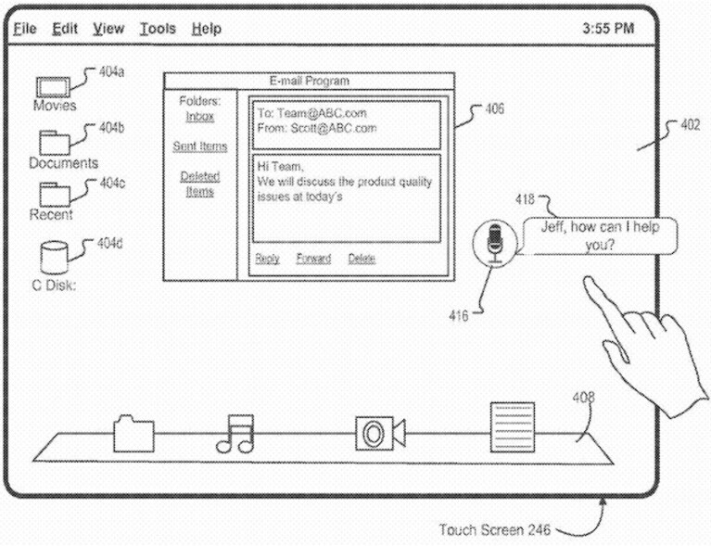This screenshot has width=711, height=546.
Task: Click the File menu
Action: tap(24, 29)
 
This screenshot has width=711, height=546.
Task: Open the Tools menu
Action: tap(158, 29)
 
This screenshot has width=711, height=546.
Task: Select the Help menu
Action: tap(207, 29)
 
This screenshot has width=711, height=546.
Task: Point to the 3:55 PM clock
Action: tap(608, 29)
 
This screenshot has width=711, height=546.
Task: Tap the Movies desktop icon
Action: tap(53, 87)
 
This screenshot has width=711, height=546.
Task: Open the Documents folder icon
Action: tap(55, 143)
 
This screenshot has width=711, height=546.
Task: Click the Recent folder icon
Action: tap(55, 194)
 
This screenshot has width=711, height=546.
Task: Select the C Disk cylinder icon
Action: tap(54, 257)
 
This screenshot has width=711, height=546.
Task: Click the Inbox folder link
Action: tap(199, 117)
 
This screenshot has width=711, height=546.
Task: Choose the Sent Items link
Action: tap(200, 146)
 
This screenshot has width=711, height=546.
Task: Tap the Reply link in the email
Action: tap(267, 259)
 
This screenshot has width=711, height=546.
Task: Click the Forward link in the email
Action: tap(313, 259)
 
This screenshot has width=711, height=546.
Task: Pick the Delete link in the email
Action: tap(362, 259)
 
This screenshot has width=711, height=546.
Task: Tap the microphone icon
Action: tap(495, 243)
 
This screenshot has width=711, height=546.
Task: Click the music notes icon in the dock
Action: tap(235, 434)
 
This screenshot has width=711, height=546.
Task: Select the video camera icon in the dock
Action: tap(380, 434)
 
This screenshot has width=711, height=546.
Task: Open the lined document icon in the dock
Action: tap(513, 427)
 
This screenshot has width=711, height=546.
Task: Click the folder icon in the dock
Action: tap(133, 434)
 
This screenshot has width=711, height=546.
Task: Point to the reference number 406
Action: tap(494, 108)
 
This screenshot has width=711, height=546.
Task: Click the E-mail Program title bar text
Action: tap(310, 82)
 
